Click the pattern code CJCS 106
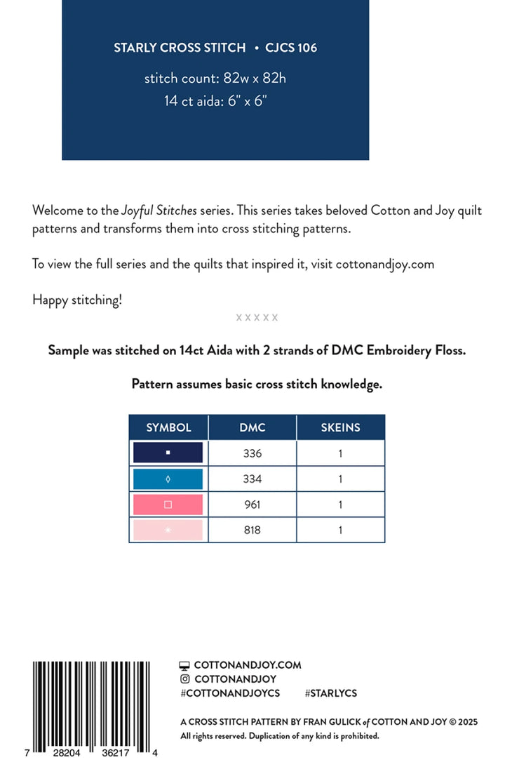pos(291,48)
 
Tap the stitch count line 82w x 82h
pos(215,78)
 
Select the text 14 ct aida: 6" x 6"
pos(215,100)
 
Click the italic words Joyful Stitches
pos(159,210)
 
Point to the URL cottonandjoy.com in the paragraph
pos(384,265)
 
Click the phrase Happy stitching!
pos(77,300)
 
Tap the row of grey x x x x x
pos(257,318)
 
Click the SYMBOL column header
pos(168,427)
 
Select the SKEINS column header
pos(340,427)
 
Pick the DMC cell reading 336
pos(252,453)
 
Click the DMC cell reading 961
pos(252,505)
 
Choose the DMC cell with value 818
pos(252,530)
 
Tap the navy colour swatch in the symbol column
pos(168,453)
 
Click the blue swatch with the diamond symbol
pos(168,479)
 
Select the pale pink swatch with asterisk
pos(168,530)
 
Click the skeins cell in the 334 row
pos(340,479)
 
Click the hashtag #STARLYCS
pos(331,693)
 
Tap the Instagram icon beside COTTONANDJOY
pos(185,679)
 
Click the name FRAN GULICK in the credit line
pos(332,721)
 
